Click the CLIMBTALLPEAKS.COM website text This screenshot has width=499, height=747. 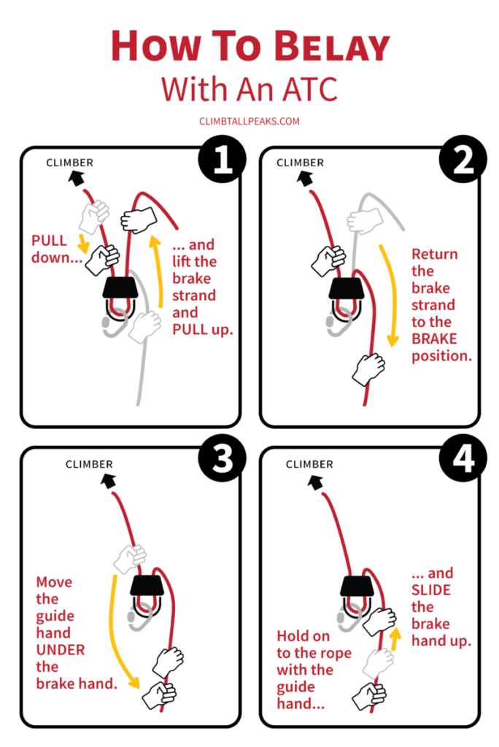tap(249, 122)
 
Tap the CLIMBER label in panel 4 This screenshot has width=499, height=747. tap(309, 464)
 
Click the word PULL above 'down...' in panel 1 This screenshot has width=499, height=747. tap(49, 241)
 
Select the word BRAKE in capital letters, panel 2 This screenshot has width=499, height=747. tap(433, 338)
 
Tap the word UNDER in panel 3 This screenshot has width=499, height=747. tap(61, 650)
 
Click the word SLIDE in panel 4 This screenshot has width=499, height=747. tap(431, 590)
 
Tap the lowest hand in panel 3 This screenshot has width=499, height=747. tap(159, 694)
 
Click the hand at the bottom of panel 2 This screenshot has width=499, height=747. tap(368, 368)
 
